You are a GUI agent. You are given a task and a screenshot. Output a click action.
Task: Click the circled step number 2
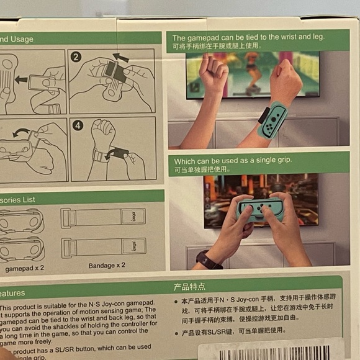[x=76, y=57]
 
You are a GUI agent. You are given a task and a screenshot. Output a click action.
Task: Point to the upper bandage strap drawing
[x=103, y=217]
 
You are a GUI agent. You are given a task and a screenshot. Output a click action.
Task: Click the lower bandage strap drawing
[x=103, y=247]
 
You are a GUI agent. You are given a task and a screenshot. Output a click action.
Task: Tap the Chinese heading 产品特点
[x=189, y=287]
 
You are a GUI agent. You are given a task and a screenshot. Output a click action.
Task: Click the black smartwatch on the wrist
[x=207, y=259]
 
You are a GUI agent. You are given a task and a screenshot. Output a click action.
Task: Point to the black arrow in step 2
[x=121, y=58]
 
